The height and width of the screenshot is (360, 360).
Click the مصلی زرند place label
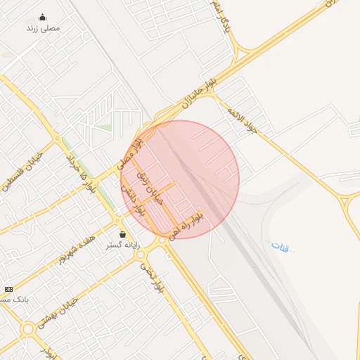[43, 29]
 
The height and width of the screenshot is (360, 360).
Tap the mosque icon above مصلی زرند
[42, 18]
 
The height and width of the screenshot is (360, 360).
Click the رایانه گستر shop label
[123, 245]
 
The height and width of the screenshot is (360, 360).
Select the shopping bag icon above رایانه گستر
[123, 234]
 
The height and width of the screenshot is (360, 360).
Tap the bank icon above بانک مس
[8, 289]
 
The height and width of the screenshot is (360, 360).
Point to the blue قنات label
[280, 246]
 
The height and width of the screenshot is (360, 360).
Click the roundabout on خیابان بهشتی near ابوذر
[28, 328]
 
